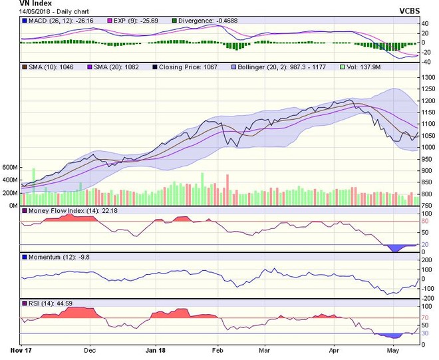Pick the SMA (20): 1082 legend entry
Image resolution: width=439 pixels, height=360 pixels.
coord(117,67)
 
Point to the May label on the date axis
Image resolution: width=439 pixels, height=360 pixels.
coord(394,349)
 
